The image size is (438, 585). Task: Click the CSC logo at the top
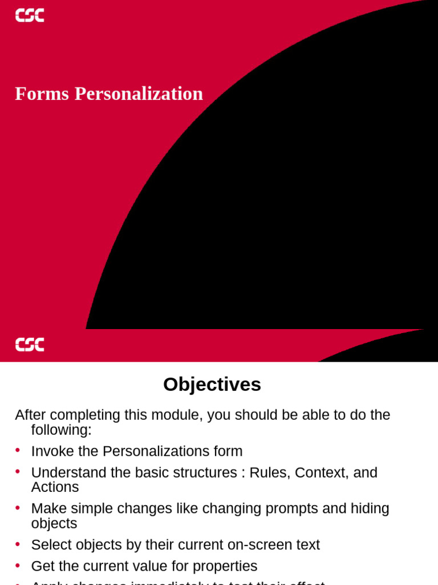[30, 15]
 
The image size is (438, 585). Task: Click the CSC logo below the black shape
[30, 344]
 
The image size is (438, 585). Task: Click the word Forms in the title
[42, 94]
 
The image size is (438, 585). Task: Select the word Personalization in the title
[139, 94]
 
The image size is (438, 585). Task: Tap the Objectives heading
[212, 384]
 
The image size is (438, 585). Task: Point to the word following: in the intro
[62, 430]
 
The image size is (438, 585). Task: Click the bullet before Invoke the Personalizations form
[18, 450]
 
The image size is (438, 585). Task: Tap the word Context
[321, 473]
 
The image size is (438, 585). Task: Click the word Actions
[55, 487]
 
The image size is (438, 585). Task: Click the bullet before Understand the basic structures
[18, 472]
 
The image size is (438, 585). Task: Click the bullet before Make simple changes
[18, 507]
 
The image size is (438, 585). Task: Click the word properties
[225, 566]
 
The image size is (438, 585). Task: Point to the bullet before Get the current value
[18, 565]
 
